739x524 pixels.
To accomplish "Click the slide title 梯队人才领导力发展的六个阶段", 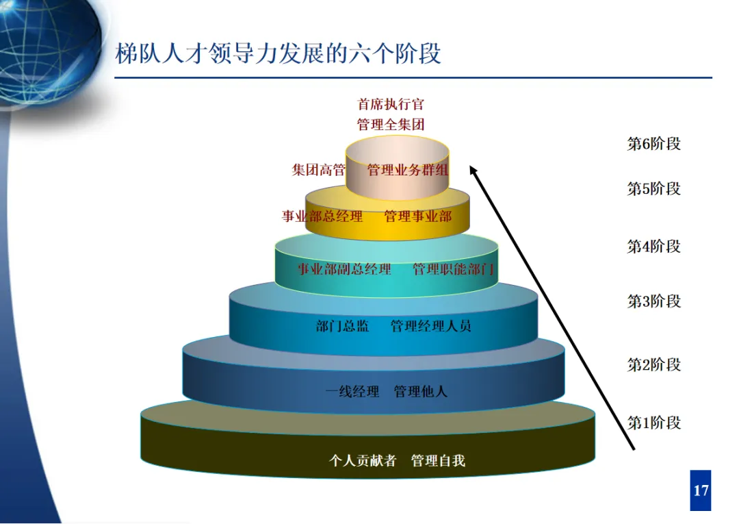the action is coord(278,53).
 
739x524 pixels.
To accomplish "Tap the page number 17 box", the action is coord(701,490).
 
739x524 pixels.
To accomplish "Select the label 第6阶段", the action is coord(653,144).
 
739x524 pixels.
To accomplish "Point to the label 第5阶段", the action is coord(653,188).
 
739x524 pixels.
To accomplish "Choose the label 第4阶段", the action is coord(653,246).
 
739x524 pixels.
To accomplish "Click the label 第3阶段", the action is coord(653,301).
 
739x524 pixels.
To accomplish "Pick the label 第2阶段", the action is coord(653,364).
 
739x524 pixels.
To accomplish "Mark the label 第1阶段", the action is coord(653,423).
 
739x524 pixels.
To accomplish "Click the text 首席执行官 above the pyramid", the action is coord(391,104).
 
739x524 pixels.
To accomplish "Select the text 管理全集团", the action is coord(391,124).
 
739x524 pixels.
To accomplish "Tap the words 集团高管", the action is coord(318,170).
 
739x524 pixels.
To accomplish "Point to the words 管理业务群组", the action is coord(408,170).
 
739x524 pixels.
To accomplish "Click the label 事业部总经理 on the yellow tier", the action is coord(322,216).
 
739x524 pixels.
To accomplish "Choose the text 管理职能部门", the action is coord(453,269).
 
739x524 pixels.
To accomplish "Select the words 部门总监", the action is coord(342,326).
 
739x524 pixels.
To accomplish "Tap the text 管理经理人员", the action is coord(431,326).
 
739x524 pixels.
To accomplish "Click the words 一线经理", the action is coord(352,392).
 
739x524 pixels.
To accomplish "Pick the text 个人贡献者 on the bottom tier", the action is coord(363,460).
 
